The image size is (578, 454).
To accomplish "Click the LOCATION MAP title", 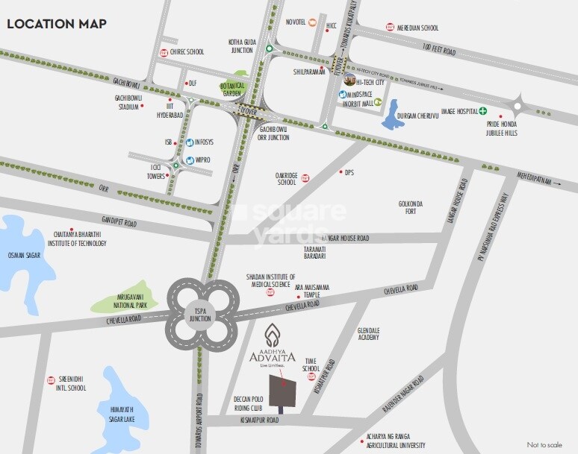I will [x=57, y=23].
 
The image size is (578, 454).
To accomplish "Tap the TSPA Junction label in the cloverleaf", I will [x=201, y=314].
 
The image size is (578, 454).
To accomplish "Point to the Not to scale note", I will [x=544, y=444].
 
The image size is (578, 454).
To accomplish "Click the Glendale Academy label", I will [x=369, y=333].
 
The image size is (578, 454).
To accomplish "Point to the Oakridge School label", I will [x=287, y=178].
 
